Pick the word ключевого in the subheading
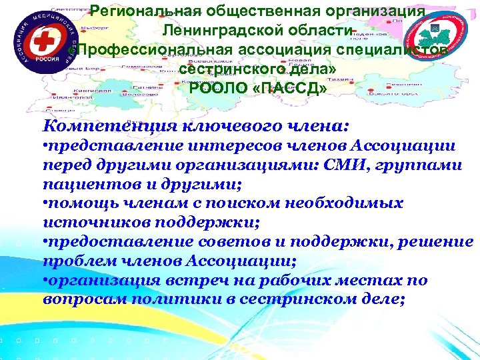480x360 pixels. click(x=226, y=125)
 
